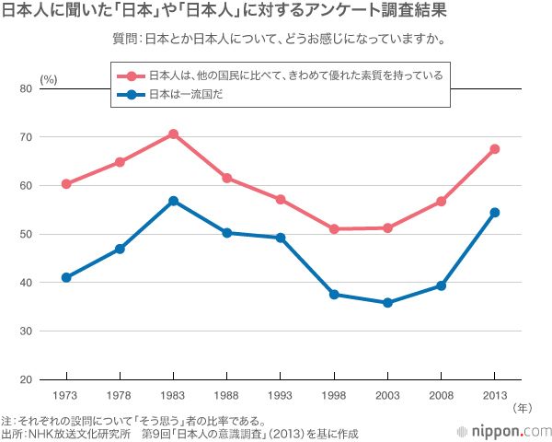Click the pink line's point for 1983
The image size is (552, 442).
[x=173, y=134]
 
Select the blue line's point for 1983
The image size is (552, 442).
[x=173, y=201]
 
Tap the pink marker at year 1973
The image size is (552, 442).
[x=66, y=184]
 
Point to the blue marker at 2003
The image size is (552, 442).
[x=387, y=303]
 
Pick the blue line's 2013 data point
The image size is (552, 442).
[x=495, y=213]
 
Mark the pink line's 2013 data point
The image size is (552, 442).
[x=495, y=149]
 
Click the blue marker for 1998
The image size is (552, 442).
[x=334, y=295]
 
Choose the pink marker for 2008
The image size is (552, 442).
[x=442, y=202]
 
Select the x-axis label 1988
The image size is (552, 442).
[x=226, y=395]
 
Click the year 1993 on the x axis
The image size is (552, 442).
[x=281, y=395]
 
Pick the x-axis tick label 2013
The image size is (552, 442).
[x=495, y=395]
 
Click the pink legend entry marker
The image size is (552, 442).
[x=132, y=76]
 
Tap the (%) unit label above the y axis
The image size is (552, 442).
[x=49, y=79]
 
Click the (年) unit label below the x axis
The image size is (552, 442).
[x=522, y=406]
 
